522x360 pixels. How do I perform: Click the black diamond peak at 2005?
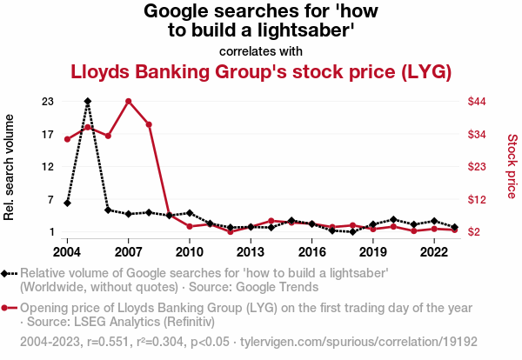coord(87,101)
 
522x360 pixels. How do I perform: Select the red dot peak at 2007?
coord(128,101)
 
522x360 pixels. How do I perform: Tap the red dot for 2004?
coord(67,139)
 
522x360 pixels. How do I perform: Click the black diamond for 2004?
coord(67,203)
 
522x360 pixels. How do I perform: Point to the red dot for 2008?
coord(149,124)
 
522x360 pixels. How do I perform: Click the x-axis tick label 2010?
coord(190,252)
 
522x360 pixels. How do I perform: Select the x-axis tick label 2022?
coord(434,252)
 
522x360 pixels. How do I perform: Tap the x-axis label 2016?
coord(311,252)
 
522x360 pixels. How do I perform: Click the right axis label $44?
coord(476,102)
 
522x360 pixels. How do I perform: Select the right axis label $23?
coord(476,167)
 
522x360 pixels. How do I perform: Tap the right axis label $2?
coord(473,232)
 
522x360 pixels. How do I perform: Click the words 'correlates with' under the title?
coord(260,50)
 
